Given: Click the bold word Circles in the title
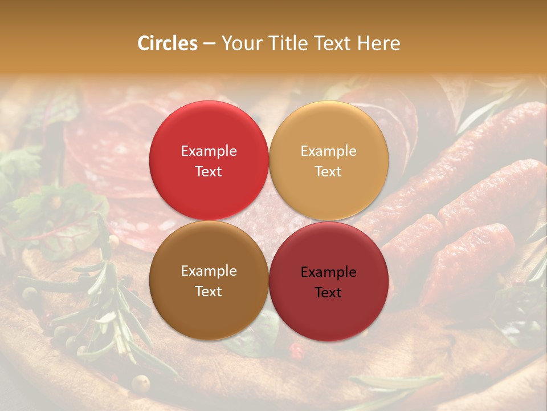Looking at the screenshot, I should (x=168, y=43).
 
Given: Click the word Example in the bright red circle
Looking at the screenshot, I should (x=209, y=151).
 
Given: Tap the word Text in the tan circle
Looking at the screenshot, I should (x=328, y=172).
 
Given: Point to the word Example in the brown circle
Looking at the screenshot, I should (x=209, y=271).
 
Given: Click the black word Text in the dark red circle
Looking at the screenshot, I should (x=328, y=293).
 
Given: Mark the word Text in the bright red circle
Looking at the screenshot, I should (x=209, y=172).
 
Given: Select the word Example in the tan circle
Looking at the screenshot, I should (x=328, y=151).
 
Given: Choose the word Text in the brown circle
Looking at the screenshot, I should (x=209, y=292).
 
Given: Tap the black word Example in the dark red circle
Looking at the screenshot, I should (x=328, y=272).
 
